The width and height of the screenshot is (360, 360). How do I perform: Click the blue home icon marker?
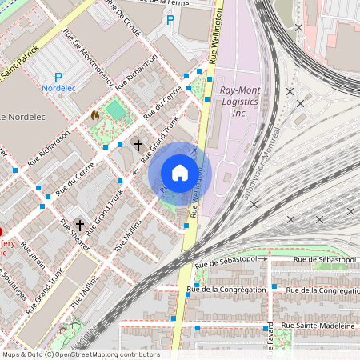coord(180,173)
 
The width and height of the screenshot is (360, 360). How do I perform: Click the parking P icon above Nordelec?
coord(58,76)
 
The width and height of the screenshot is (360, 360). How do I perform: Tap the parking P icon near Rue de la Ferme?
coord(170,18)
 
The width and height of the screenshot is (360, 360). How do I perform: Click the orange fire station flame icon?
coord(95,115)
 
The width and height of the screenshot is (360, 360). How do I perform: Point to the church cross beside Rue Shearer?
coord(79,226)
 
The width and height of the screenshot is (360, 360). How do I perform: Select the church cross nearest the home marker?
coord(138,145)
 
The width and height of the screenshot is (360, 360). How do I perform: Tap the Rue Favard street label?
coord(271,339)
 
